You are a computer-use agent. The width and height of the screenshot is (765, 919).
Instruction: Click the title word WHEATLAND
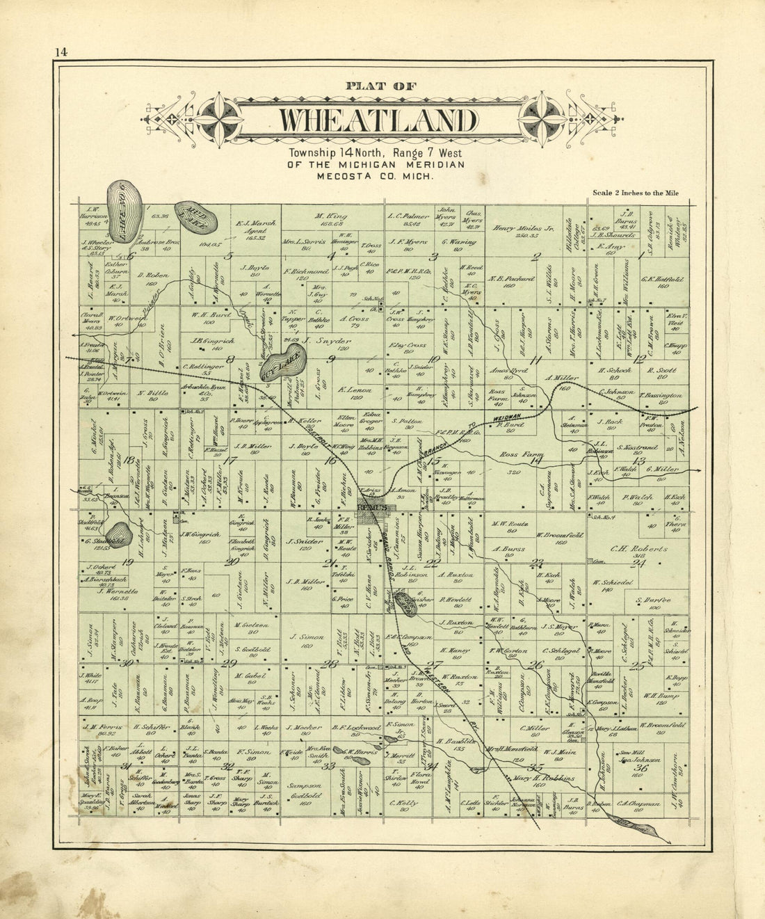(x=378, y=120)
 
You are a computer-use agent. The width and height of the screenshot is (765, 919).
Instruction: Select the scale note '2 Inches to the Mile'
(x=635, y=193)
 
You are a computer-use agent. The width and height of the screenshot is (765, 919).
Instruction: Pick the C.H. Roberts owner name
(x=629, y=549)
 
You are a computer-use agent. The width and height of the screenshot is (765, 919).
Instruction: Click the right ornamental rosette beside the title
(x=543, y=119)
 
